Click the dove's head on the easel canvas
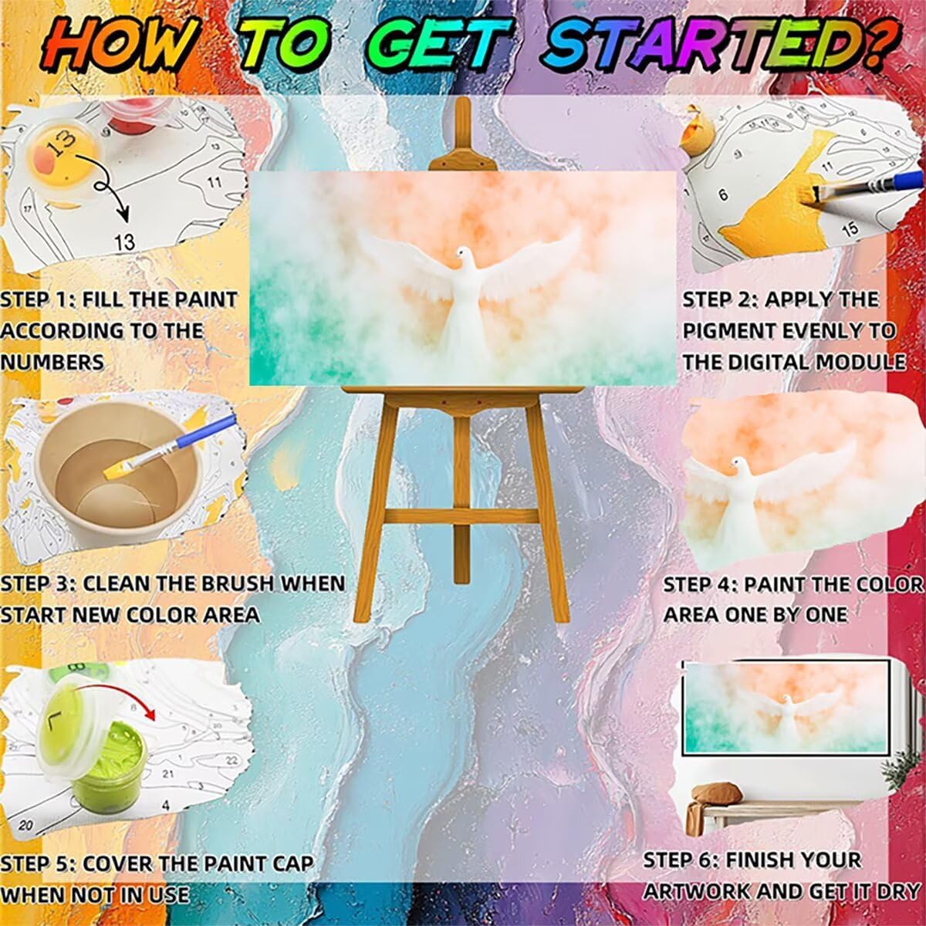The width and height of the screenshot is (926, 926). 462,253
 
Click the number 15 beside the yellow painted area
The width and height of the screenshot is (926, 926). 850,228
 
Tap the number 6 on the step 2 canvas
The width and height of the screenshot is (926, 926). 723,195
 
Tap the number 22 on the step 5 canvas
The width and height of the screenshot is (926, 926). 232,760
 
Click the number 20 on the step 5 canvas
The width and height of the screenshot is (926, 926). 26,826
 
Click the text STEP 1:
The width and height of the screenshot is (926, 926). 39,300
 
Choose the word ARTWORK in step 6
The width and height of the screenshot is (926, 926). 696,878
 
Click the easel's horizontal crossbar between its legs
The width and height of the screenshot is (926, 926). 461,516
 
